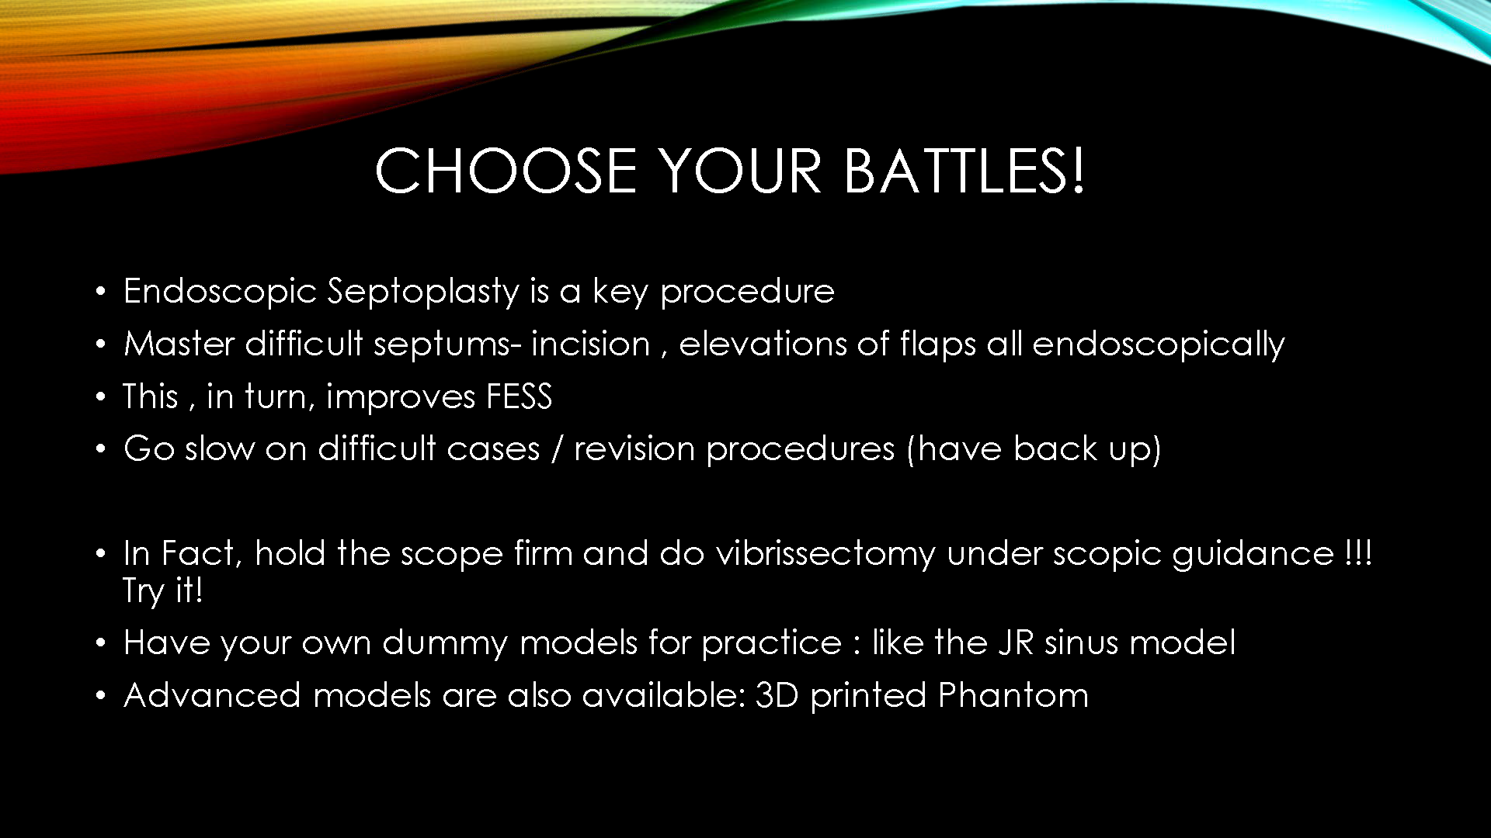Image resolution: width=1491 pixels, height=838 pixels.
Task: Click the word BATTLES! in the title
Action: click(964, 171)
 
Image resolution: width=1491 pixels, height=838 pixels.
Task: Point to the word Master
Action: click(179, 344)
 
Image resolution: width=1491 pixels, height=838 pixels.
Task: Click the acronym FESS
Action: click(519, 396)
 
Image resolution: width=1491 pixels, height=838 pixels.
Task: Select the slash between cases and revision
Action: click(557, 449)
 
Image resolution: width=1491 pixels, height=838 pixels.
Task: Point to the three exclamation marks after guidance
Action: click(1358, 553)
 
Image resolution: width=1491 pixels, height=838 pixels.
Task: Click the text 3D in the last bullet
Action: click(777, 695)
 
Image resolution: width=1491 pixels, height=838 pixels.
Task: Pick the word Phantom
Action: click(1013, 695)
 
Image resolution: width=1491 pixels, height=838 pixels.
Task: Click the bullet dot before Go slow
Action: click(100, 449)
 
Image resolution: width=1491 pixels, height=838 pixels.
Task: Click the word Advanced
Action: click(212, 695)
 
